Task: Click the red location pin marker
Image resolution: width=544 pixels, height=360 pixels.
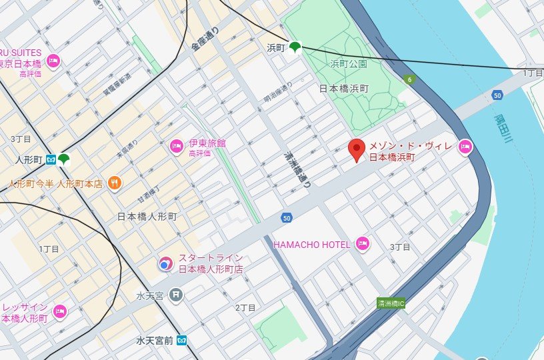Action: point(357,151)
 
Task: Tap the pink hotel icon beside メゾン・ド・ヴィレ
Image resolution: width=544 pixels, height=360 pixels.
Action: point(465,147)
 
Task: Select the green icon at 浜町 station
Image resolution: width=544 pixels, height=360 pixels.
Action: point(294,47)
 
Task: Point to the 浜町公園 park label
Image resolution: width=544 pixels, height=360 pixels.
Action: point(349,65)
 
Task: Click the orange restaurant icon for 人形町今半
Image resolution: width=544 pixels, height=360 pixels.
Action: point(115,183)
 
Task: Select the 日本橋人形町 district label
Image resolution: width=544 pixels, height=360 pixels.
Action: point(147,217)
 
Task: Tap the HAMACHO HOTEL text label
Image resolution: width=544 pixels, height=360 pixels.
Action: point(312,244)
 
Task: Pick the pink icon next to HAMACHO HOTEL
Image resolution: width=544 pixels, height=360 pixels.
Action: point(362,243)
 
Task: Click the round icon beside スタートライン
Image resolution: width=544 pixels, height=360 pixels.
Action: point(164,265)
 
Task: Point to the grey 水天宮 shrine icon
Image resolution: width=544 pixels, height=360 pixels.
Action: point(175,293)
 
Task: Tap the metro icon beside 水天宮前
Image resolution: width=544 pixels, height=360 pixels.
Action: point(182,340)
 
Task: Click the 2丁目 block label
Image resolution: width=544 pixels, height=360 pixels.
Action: point(246,307)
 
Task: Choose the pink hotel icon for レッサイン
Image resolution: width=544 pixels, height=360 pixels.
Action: point(59,311)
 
